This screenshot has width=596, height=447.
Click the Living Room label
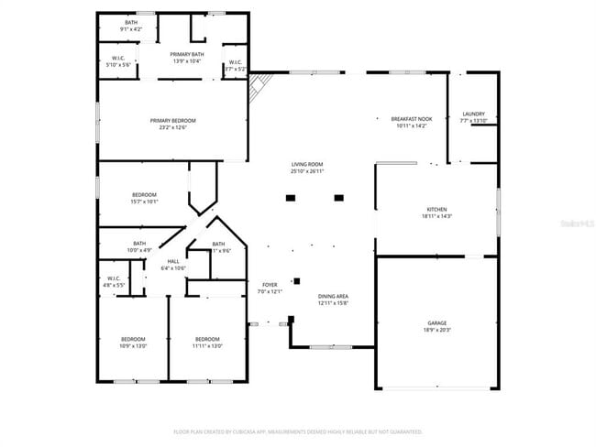pyautogui.click(x=307, y=168)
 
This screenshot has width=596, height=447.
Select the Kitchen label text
pyautogui.click(x=436, y=213)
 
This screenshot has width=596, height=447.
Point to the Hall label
pyautogui.click(x=173, y=265)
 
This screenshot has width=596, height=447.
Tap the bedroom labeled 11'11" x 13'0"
pyautogui.click(x=206, y=343)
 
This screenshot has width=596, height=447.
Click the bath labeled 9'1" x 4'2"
pyautogui.click(x=132, y=26)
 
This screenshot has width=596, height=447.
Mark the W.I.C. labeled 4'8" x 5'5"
pyautogui.click(x=114, y=281)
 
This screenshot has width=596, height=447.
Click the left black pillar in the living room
pyautogui.click(x=291, y=197)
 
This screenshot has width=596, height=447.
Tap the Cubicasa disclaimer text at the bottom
pyautogui.click(x=298, y=431)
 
